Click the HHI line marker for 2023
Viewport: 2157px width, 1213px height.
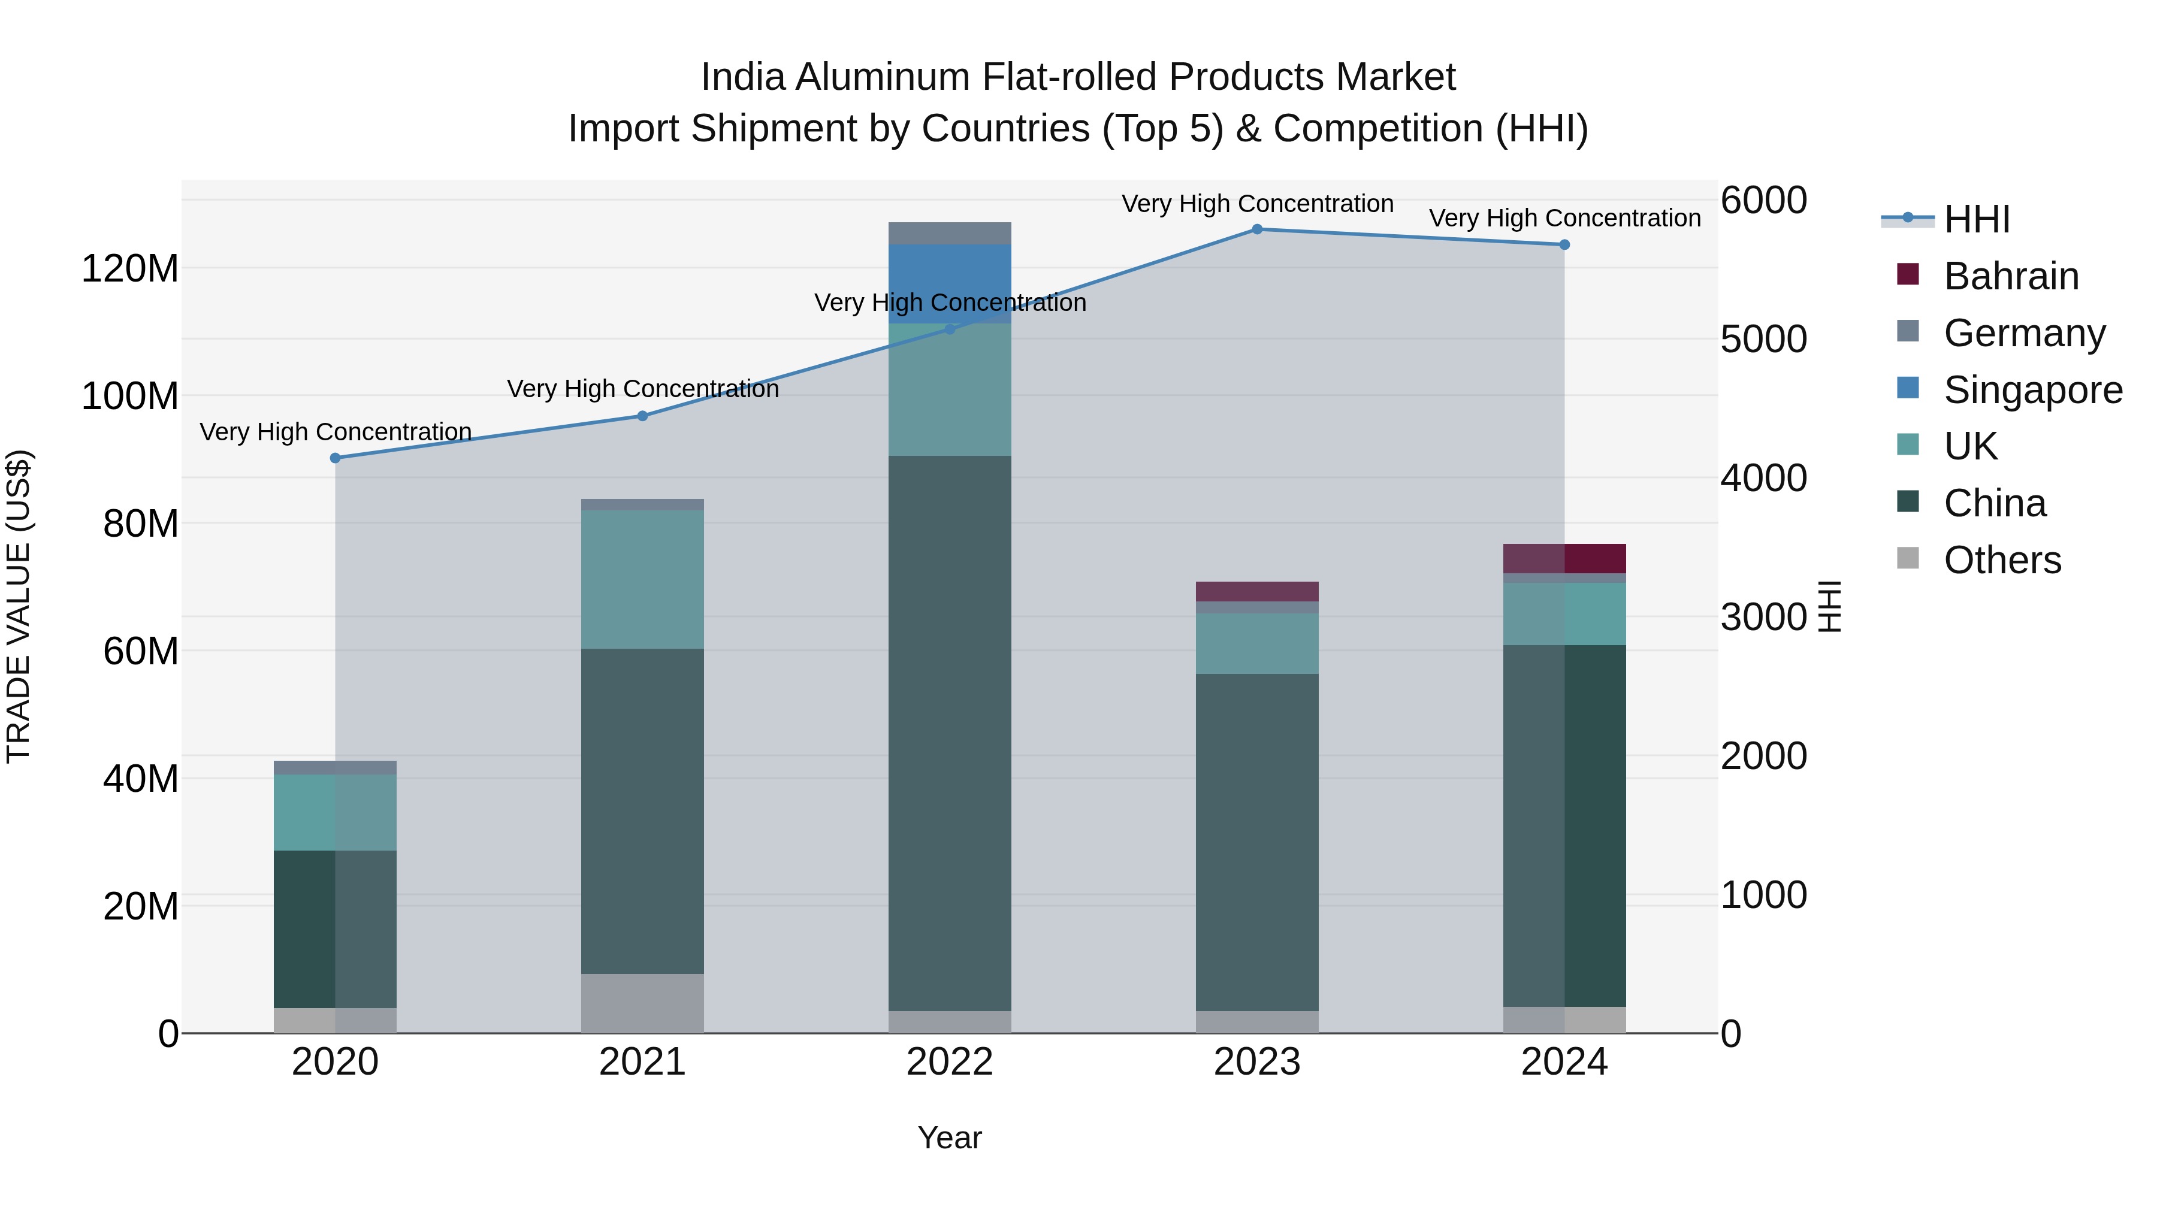(1257, 229)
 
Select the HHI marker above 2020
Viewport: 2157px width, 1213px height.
(335, 458)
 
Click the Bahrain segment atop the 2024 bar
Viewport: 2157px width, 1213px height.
(1564, 558)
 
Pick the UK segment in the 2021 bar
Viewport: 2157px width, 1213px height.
(642, 579)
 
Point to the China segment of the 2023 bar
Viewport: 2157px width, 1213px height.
(1257, 842)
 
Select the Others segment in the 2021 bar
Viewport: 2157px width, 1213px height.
(642, 1003)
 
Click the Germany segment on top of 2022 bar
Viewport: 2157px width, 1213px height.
(950, 234)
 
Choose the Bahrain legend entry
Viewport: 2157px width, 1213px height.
(2010, 276)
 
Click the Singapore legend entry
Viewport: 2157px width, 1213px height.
(2032, 390)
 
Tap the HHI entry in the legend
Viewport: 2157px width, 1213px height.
(1976, 219)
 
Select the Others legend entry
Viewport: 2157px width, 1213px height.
(2002, 560)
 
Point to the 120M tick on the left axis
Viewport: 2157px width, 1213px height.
(130, 270)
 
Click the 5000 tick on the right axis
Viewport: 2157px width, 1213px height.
(1763, 340)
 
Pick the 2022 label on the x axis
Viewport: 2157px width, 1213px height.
(950, 1062)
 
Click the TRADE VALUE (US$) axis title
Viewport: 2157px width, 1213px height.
(19, 606)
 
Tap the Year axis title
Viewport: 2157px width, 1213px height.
(950, 1138)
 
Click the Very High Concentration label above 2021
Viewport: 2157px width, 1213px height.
(642, 389)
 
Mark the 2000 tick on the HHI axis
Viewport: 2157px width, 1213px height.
(1763, 756)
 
